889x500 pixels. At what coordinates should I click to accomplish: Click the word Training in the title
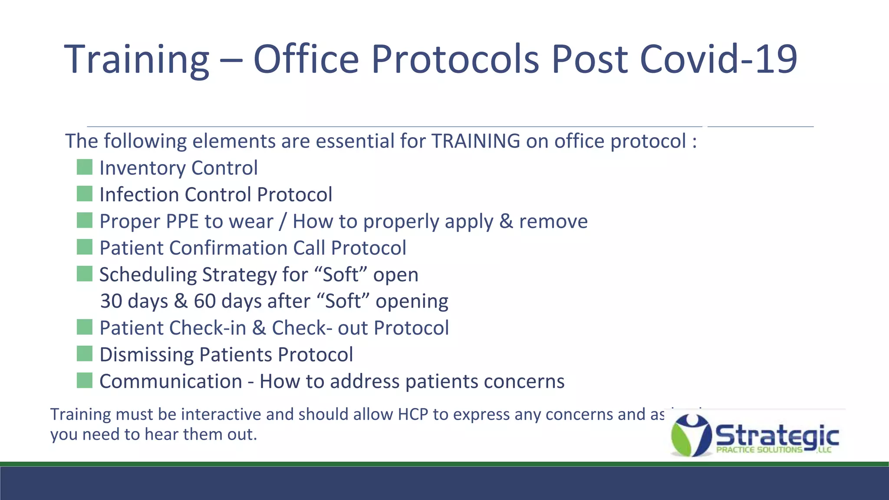pyautogui.click(x=137, y=60)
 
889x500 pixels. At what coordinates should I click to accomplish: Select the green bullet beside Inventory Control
pyautogui.click(x=85, y=167)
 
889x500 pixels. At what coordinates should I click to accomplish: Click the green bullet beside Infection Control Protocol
pyautogui.click(x=85, y=194)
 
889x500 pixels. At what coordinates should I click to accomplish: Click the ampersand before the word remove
pyautogui.click(x=506, y=221)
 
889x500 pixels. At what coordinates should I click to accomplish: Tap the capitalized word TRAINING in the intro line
pyautogui.click(x=476, y=141)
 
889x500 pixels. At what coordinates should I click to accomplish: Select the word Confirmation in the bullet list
pyautogui.click(x=228, y=248)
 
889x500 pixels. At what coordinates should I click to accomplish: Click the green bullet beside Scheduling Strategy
pyautogui.click(x=85, y=274)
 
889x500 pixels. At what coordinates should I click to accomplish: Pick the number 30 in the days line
pyautogui.click(x=111, y=301)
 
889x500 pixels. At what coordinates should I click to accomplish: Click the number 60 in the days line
pyautogui.click(x=204, y=301)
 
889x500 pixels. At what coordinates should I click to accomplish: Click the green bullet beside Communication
pyautogui.click(x=85, y=381)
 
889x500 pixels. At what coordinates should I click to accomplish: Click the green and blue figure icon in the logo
pyautogui.click(x=691, y=435)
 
